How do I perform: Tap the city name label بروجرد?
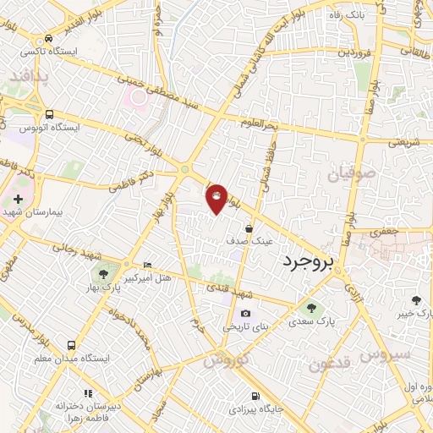tap(309, 261)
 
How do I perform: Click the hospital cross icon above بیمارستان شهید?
tap(19, 198)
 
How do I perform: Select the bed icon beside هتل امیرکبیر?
tap(148, 265)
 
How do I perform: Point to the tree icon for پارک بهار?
tap(103, 273)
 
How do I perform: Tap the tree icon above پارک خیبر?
tap(415, 300)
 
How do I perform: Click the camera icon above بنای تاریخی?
tap(245, 314)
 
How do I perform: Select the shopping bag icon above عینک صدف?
tap(249, 228)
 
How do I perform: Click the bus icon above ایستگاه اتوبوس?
tap(50, 114)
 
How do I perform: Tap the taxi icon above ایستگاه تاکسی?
tap(48, 38)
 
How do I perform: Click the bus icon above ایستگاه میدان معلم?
tap(71, 345)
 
